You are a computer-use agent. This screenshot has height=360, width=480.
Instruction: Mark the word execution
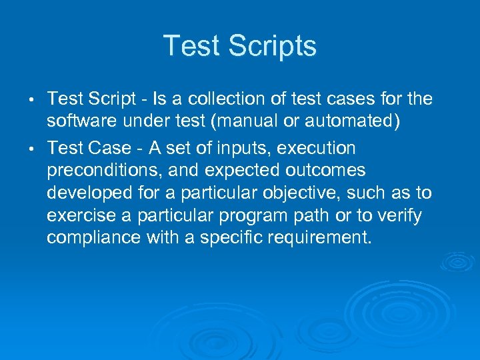(319, 147)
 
